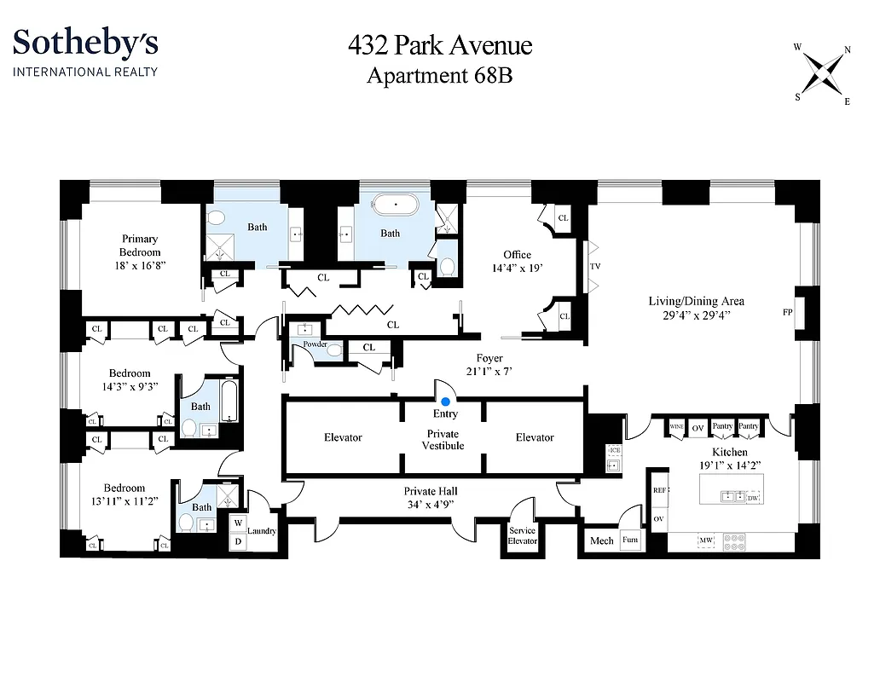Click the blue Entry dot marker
(x=445, y=400)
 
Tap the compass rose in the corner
(x=823, y=73)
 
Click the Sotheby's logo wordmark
(x=85, y=43)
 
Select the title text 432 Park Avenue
(x=439, y=44)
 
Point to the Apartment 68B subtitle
(x=439, y=75)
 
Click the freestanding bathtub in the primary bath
(x=396, y=205)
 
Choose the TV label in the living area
(x=595, y=267)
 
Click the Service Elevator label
(x=523, y=535)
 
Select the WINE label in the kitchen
(x=676, y=426)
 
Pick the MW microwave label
(x=706, y=540)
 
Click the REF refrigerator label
(x=659, y=491)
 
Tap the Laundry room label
(x=262, y=530)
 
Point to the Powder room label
(x=310, y=344)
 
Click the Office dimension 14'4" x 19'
(x=517, y=268)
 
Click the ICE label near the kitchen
(x=614, y=449)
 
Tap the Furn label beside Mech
(x=630, y=540)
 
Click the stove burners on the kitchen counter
(x=733, y=540)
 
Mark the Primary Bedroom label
(x=140, y=246)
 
